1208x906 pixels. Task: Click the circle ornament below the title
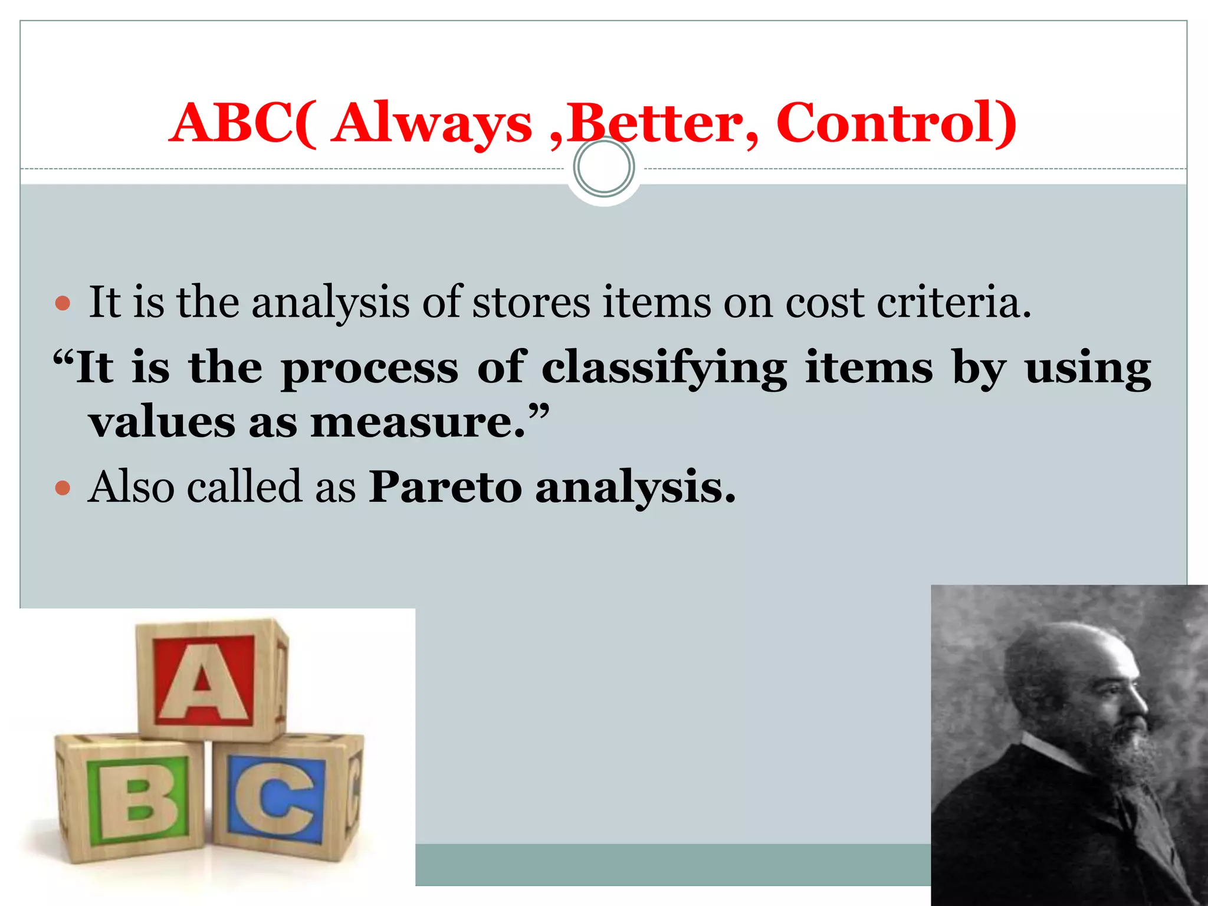click(603, 167)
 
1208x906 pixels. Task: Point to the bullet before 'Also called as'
click(62, 488)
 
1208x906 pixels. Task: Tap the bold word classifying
click(664, 368)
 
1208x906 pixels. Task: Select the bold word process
click(369, 368)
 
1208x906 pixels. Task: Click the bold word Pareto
click(445, 487)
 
